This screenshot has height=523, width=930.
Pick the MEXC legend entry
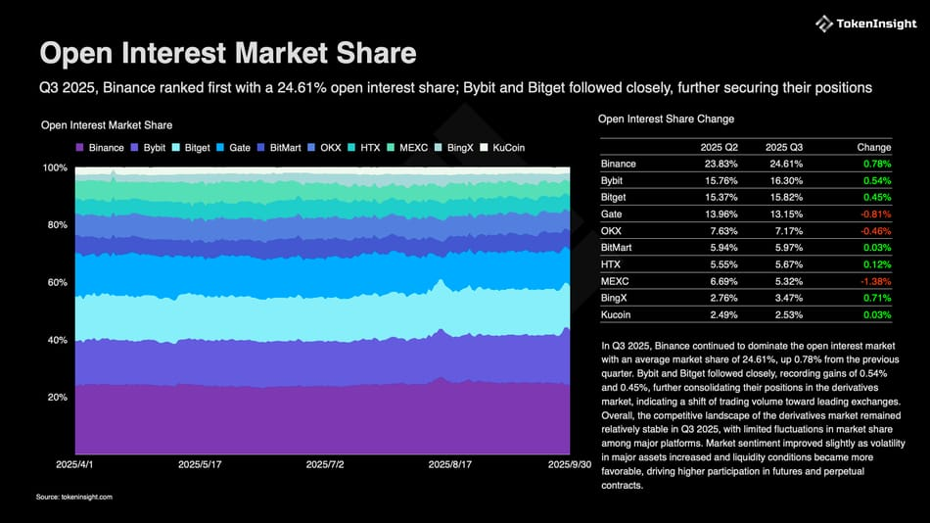coord(408,148)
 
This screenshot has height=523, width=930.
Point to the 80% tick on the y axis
coord(55,225)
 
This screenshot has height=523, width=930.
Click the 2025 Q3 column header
coord(783,147)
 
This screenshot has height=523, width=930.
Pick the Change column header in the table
coord(874,147)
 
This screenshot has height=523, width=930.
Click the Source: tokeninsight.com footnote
coord(74,498)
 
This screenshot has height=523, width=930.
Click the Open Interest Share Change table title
coord(666,119)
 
